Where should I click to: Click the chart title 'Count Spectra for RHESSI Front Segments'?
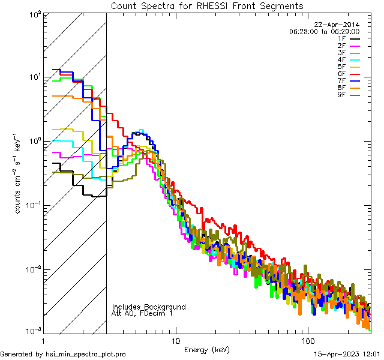[x=207, y=6]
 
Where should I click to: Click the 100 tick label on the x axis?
[x=307, y=340]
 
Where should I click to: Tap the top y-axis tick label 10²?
[x=35, y=13]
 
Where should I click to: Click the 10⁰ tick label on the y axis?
[x=35, y=140]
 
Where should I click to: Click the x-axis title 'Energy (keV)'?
[x=207, y=349]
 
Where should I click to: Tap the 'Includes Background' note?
[x=149, y=307]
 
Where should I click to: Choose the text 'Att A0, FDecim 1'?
[x=142, y=313]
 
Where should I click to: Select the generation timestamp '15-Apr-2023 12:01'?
[x=348, y=355]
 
